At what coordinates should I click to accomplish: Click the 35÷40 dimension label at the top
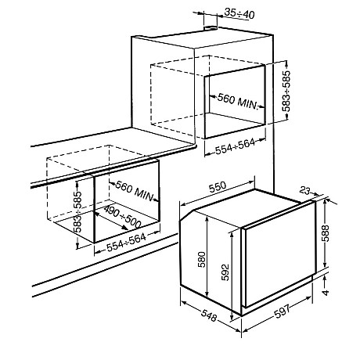239,14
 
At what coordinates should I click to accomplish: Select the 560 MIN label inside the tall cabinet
237,102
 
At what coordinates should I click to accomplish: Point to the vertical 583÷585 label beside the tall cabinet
286,91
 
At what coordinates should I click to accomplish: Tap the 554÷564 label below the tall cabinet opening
235,146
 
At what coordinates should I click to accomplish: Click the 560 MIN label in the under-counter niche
134,191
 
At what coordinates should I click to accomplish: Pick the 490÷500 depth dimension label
122,216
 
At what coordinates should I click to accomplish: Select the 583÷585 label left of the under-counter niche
77,212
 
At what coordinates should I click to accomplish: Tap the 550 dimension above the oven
218,187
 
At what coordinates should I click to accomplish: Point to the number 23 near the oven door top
304,191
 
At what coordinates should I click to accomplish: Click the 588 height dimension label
326,233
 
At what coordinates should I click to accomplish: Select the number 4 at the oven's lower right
326,292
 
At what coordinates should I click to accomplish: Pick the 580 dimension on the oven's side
202,260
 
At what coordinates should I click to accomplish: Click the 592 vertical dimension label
225,272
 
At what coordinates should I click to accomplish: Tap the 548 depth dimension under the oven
209,315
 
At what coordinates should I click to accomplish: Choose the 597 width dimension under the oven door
283,311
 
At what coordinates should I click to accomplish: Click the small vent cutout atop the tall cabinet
211,27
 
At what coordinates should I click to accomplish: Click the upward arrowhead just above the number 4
325,279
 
